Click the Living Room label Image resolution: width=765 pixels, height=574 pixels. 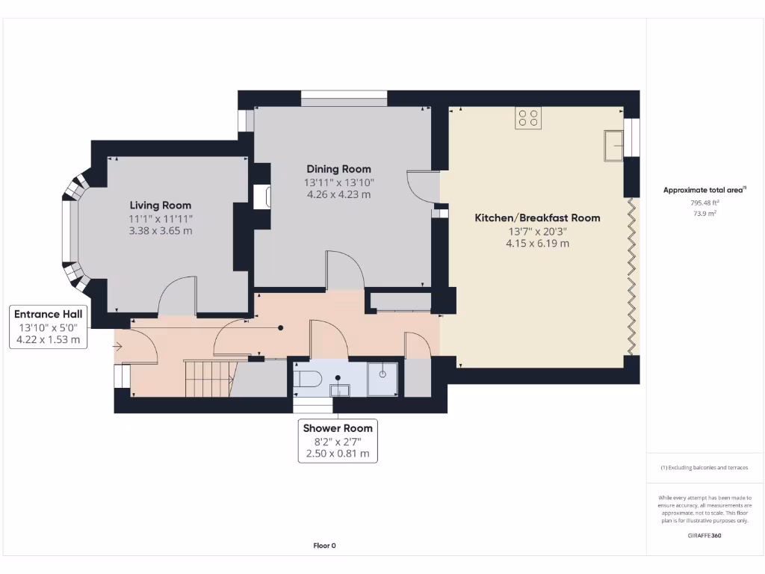(x=160, y=206)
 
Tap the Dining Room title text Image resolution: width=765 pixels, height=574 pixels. (x=338, y=169)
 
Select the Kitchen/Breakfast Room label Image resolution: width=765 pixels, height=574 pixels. (x=537, y=217)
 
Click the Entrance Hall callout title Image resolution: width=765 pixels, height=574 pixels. (x=48, y=315)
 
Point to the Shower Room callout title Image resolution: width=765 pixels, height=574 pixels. (x=338, y=428)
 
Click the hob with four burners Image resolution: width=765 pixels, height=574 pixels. (x=528, y=117)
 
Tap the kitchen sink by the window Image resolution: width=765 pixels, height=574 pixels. (x=614, y=145)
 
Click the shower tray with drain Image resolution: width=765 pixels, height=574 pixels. (x=382, y=379)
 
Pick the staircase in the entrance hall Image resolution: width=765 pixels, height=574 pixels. (x=210, y=378)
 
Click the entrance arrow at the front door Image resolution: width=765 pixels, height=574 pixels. (x=117, y=347)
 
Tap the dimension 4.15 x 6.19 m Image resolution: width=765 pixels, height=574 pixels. (x=537, y=244)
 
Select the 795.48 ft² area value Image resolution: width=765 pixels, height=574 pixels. (x=704, y=203)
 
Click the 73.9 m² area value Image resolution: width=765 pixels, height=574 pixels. (x=704, y=213)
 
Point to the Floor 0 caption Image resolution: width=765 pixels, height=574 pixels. (x=324, y=546)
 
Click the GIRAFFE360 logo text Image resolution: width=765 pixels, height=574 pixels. (x=704, y=535)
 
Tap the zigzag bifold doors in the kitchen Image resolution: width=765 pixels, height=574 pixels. (x=631, y=277)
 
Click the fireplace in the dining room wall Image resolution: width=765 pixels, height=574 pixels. (x=262, y=197)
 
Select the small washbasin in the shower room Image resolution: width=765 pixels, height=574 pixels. (x=340, y=390)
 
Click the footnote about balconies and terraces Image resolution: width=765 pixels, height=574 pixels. (x=704, y=468)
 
